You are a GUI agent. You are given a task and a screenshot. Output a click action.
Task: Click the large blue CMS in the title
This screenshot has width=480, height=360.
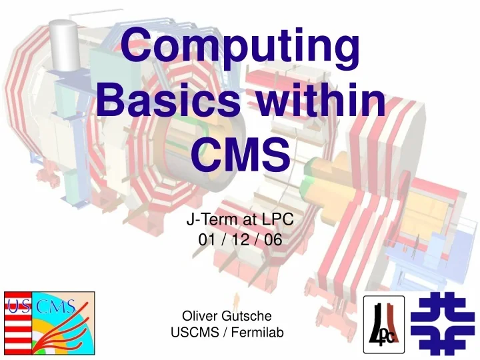[241, 155]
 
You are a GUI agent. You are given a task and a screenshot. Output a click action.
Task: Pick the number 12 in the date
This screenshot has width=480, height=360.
[240, 241]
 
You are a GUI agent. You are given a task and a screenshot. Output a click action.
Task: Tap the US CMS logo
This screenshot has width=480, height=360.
[49, 322]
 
